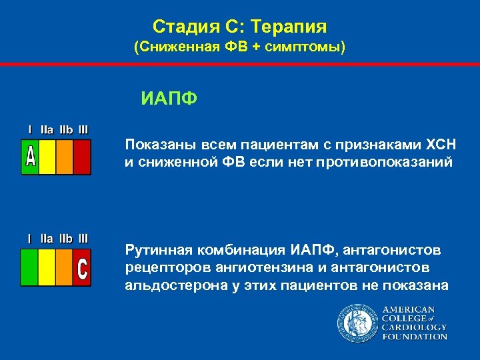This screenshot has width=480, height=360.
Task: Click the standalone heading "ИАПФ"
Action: coord(169,100)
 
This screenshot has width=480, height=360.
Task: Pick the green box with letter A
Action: coord(30,157)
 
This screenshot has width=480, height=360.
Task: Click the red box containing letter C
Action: coord(82,268)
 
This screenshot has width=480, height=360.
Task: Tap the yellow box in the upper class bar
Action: coord(47,157)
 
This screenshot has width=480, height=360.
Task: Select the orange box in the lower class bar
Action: coord(65,268)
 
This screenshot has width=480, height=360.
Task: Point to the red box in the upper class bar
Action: coord(82,157)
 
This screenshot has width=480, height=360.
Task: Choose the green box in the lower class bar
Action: coord(30,268)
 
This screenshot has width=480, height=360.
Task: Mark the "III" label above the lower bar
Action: coord(83,238)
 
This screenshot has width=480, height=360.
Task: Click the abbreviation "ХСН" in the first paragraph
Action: coord(426,145)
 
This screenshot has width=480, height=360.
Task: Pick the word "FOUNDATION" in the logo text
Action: coord(414,337)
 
